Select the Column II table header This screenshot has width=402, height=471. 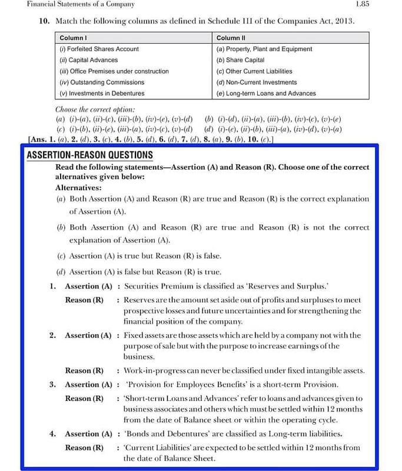pos(231,38)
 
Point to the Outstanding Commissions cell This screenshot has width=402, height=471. pos(101,82)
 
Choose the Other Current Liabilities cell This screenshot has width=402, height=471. pos(258,71)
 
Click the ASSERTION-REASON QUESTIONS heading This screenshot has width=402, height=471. pos(90,155)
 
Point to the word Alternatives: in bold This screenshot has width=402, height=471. pos(78,188)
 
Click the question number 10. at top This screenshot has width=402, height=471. pos(44,21)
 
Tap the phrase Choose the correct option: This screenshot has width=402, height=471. pos(95,110)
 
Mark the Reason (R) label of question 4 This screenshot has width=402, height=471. pos(84,447)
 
